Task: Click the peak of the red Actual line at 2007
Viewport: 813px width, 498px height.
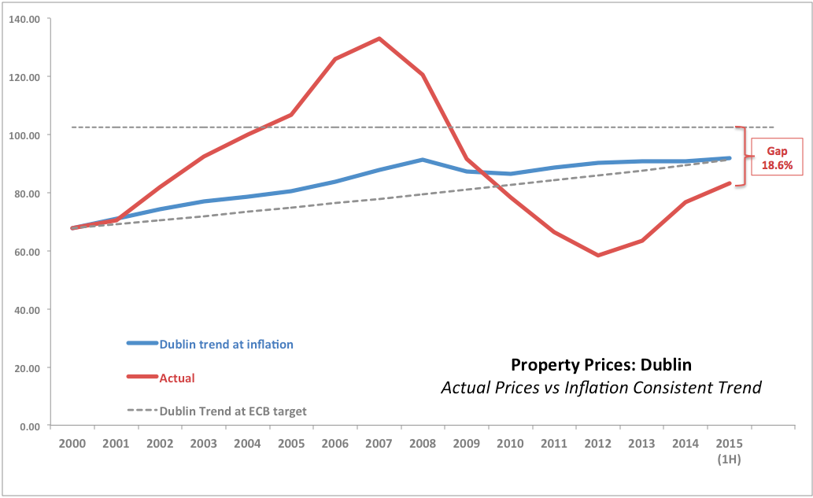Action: click(379, 39)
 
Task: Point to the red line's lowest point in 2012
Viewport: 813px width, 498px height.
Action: click(598, 255)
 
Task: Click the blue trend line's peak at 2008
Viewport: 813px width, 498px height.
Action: click(423, 160)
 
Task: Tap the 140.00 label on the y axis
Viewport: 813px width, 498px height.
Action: click(26, 19)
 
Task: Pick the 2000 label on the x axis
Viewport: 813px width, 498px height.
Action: click(72, 444)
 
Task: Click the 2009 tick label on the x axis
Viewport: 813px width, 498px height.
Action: click(467, 444)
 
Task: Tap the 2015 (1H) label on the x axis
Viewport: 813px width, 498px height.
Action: click(730, 451)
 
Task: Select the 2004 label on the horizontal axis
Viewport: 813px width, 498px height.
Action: click(248, 444)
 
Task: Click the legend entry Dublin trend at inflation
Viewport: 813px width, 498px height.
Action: click(226, 344)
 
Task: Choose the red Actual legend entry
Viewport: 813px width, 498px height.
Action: click(177, 378)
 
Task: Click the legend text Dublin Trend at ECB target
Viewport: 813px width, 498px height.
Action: click(232, 411)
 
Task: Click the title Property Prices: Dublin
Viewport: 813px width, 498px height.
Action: click(602, 365)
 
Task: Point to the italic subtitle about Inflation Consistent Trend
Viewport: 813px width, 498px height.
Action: click(601, 388)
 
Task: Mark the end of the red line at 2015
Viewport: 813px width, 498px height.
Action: click(730, 183)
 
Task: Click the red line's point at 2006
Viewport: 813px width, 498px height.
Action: click(335, 59)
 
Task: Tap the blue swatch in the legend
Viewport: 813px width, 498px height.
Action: click(142, 343)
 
